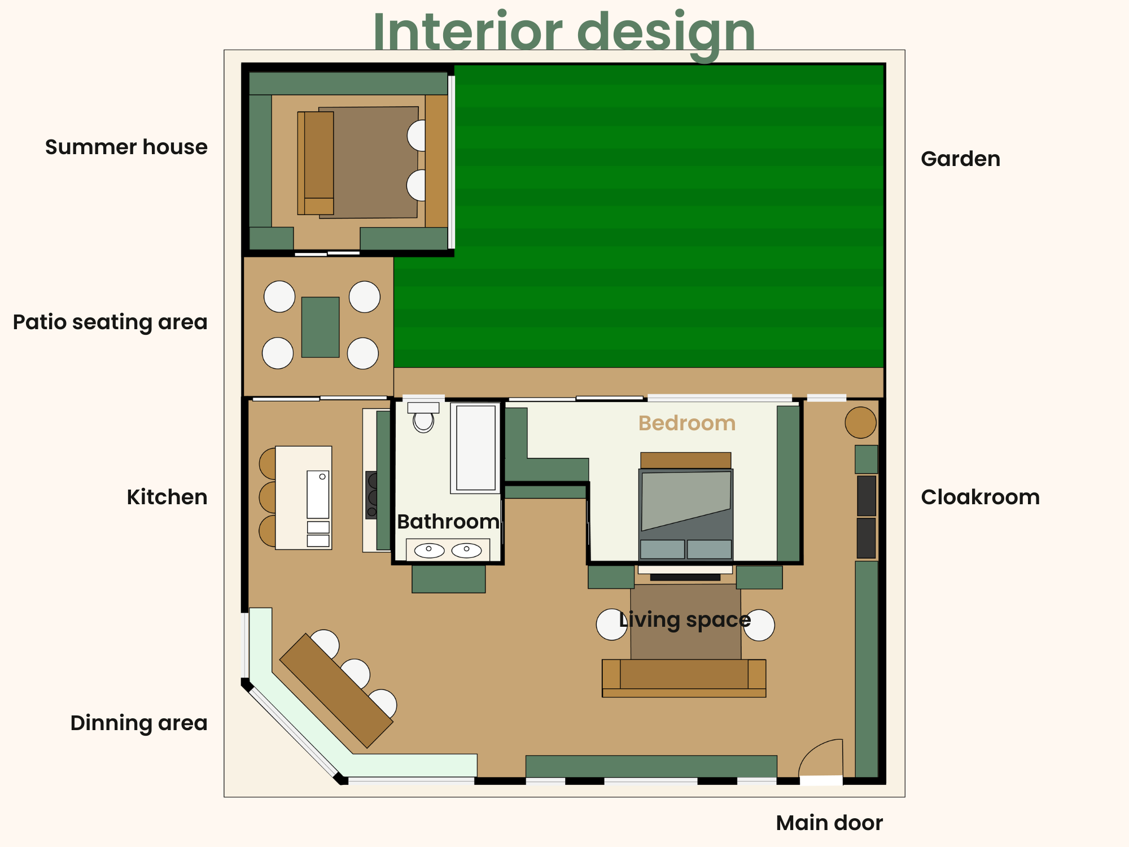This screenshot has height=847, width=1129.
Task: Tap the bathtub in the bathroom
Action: pos(475,448)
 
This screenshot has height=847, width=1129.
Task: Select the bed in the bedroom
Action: pos(686,506)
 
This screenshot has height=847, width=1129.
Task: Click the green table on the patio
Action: pos(320,327)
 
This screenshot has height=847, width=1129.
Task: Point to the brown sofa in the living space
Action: pos(684,678)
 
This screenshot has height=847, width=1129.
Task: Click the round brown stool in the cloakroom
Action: pos(860,422)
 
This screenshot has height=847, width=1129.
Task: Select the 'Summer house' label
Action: pos(126,147)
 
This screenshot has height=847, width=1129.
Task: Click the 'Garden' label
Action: pos(960,159)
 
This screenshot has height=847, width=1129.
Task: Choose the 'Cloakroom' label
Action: pos(980,497)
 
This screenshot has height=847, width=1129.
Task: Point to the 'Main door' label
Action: pos(829,823)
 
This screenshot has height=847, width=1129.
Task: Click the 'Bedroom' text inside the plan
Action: pos(687,423)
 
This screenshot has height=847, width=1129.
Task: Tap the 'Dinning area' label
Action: pos(139,723)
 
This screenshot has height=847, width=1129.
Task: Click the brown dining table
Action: pos(336,691)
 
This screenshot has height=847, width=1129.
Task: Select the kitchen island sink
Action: pos(318,495)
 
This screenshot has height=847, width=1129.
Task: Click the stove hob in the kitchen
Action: pos(371,495)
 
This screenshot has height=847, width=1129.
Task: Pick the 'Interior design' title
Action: pos(564,33)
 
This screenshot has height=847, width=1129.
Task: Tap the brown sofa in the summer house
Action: pos(316,163)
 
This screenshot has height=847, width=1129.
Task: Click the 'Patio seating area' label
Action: pos(110,322)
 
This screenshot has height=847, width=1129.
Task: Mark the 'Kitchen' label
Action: pos(167,497)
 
